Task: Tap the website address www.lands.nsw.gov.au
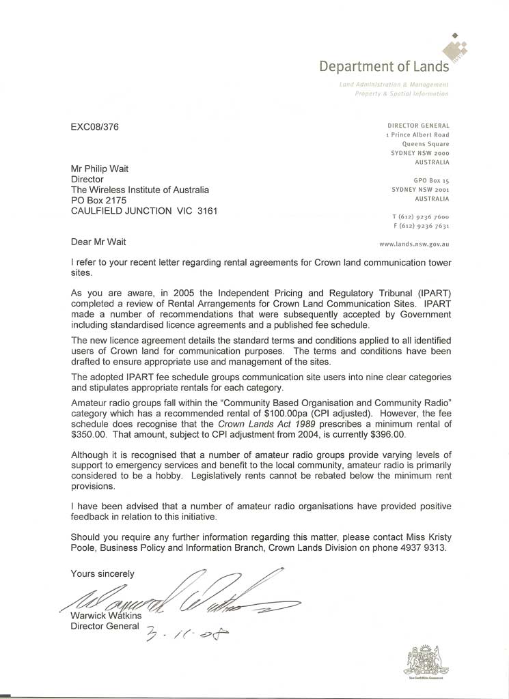(414, 244)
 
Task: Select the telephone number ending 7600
(425, 216)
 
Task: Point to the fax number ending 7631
(425, 225)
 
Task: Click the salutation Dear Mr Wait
(98, 242)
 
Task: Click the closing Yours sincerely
(102, 573)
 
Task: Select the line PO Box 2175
(99, 201)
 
